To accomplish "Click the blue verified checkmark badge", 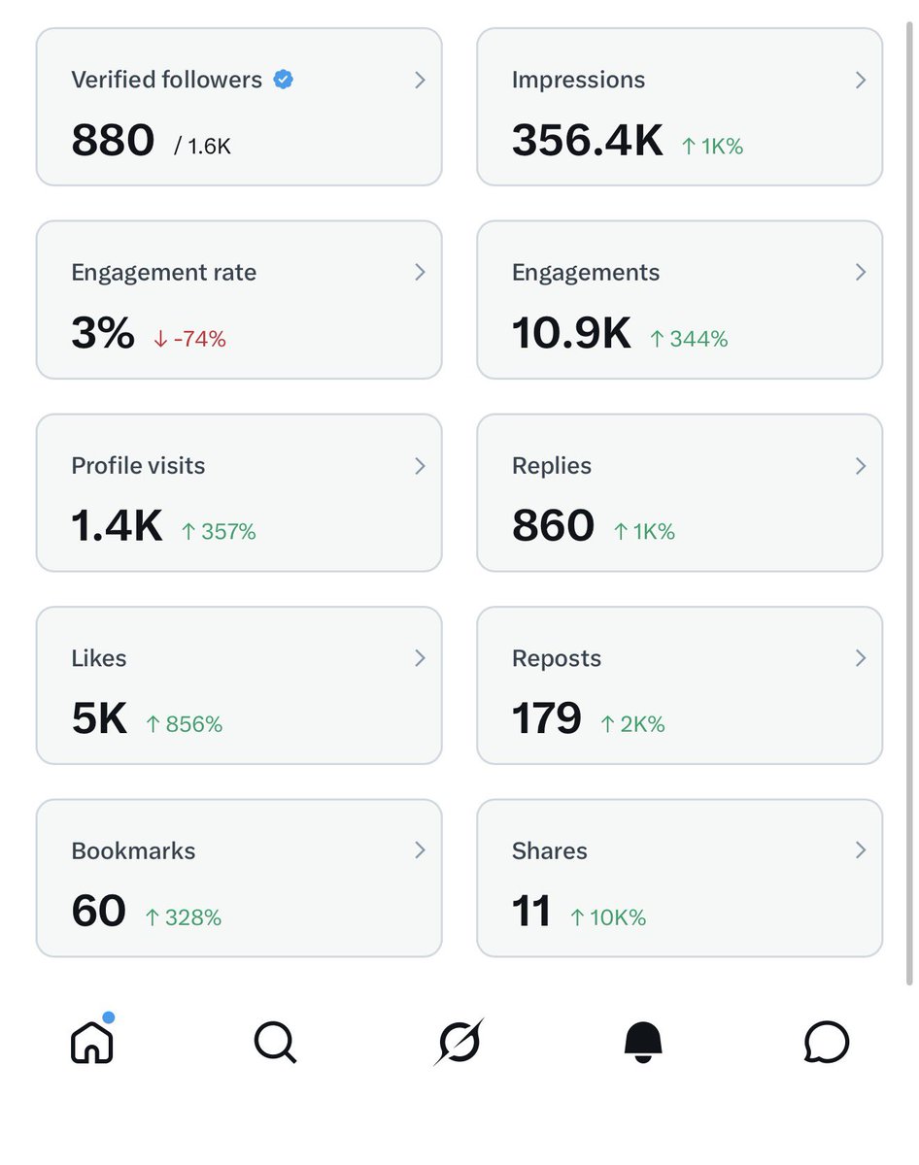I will tap(283, 80).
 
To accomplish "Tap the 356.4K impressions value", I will tap(587, 141).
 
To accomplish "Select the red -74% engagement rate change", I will tap(189, 339).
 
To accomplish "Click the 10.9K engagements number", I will tap(570, 333).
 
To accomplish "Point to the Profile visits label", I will tap(138, 466).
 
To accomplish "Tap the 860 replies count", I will tap(553, 525).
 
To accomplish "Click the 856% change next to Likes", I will tap(184, 724).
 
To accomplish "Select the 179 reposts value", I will tap(546, 718).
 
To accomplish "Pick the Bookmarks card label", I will tap(133, 851).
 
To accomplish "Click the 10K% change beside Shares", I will tap(607, 917).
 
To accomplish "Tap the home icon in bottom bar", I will tap(92, 1042).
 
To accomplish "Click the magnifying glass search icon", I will tap(275, 1043).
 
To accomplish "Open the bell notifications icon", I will tap(642, 1042).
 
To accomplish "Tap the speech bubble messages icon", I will tap(827, 1043).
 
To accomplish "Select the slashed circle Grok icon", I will tap(459, 1043).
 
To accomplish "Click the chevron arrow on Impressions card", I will tap(860, 81).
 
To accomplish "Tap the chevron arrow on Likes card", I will tap(420, 658).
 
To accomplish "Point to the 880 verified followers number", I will tap(113, 141).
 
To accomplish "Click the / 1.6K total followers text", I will tap(202, 147).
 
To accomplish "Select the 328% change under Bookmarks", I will tap(183, 917).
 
